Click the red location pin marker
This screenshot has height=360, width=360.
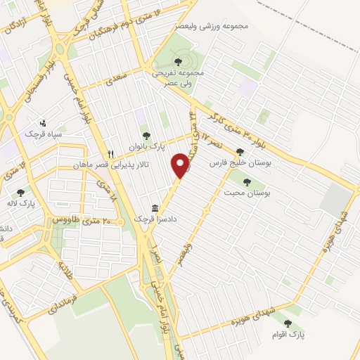tap(181, 165)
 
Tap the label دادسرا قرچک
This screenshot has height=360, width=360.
tap(134, 219)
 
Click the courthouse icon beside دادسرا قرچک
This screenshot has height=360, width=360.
tap(154, 210)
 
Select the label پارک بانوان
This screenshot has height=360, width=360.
tap(146, 147)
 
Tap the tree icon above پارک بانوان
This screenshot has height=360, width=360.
tap(146, 136)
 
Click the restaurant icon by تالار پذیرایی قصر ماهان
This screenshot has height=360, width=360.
tap(110, 155)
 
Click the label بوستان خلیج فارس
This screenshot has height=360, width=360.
tap(240, 162)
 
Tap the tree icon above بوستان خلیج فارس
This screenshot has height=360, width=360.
tap(240, 152)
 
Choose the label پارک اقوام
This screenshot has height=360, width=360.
tap(288, 335)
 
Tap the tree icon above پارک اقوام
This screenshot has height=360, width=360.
tap(288, 324)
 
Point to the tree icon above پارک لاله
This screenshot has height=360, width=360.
tap(21, 191)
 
